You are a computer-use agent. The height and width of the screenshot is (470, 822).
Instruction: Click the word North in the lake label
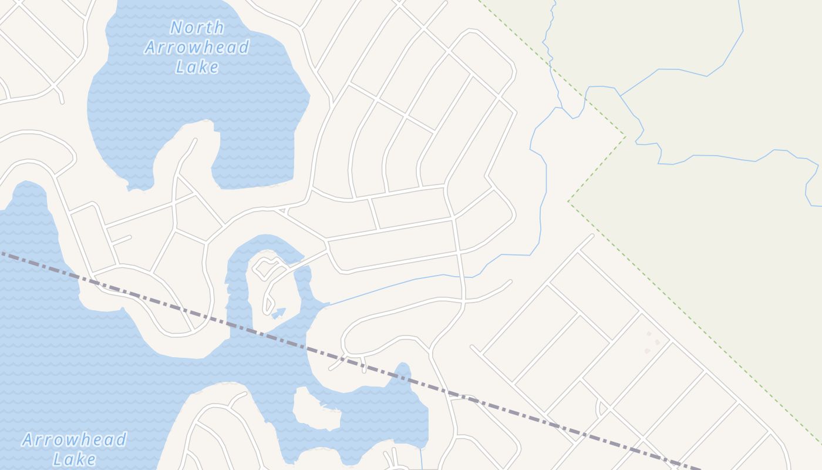point(197,27)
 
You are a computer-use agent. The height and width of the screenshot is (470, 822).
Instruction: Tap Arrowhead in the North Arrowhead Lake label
point(197,47)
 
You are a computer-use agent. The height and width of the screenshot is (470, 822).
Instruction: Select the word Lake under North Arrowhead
point(197,66)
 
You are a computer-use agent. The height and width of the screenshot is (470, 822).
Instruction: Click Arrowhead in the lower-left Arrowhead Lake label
point(74,439)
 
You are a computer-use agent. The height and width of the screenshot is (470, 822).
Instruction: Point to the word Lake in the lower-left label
point(74,459)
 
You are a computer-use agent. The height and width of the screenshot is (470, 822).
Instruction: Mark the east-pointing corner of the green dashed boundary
point(625,137)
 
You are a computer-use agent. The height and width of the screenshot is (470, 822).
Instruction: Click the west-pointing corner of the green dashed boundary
point(568,202)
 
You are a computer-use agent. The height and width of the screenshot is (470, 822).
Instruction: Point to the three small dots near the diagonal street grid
point(652,342)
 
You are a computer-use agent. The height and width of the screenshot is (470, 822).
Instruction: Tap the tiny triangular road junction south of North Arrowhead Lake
point(281,210)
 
